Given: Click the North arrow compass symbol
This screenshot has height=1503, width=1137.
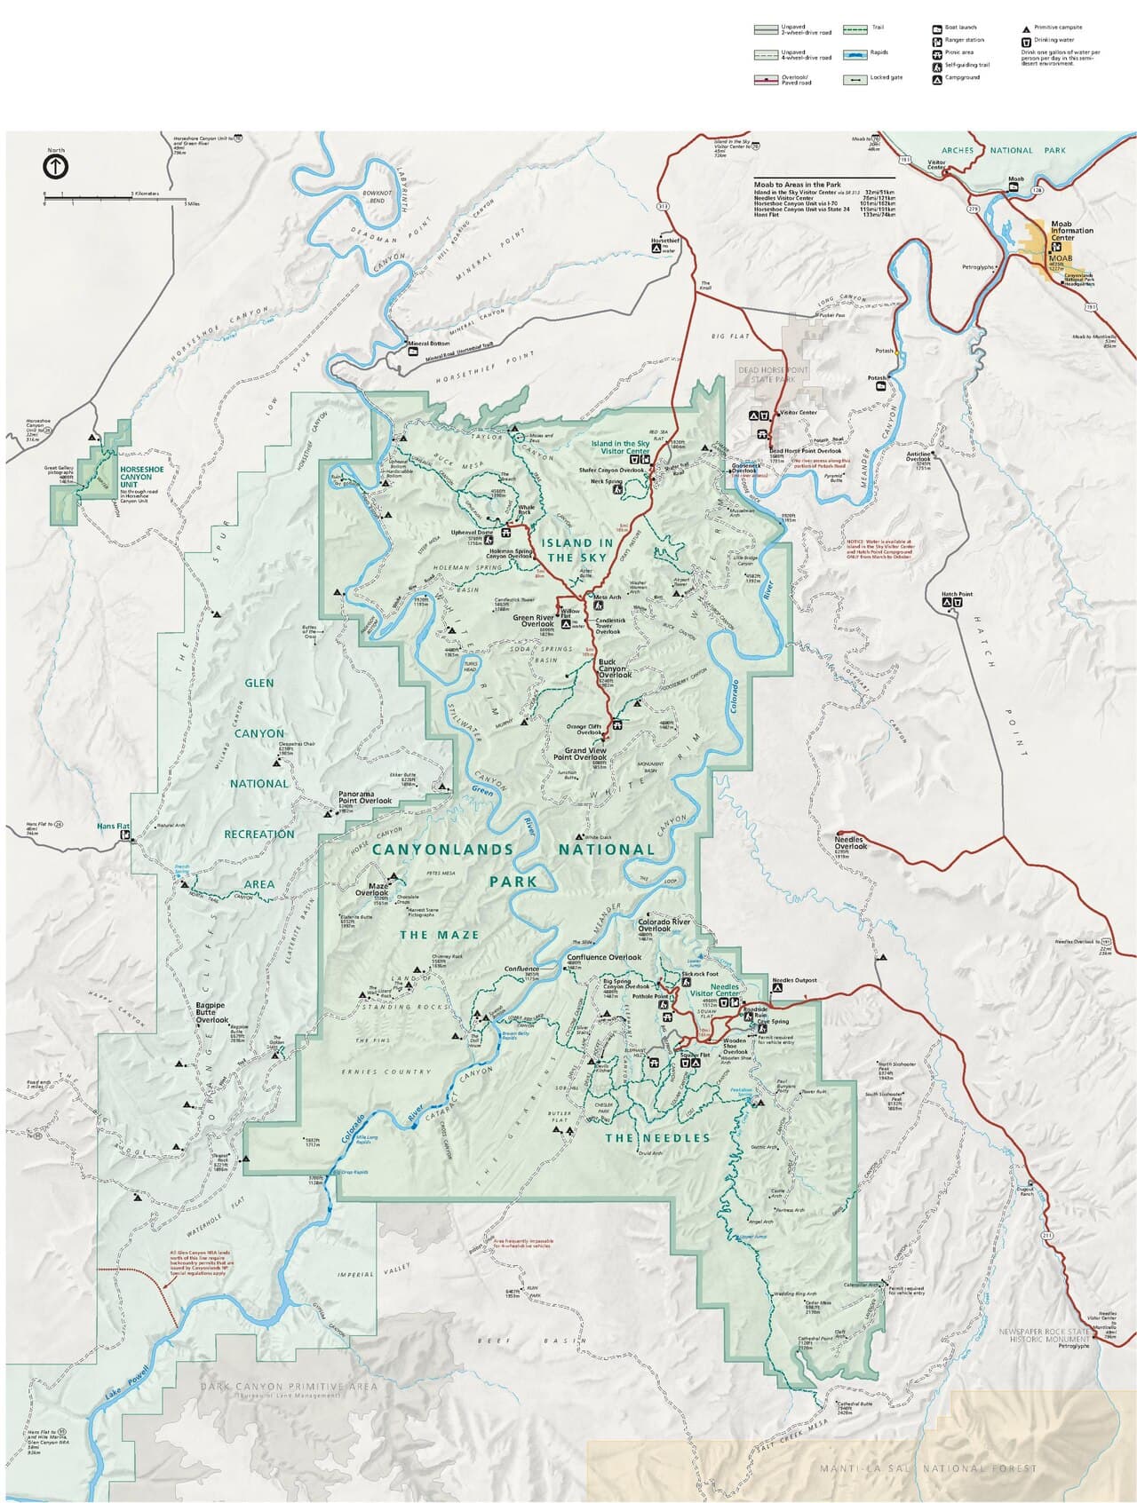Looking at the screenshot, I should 55,166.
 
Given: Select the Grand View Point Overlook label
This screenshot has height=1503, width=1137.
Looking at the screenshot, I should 579,754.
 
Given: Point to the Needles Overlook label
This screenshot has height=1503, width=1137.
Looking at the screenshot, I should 850,842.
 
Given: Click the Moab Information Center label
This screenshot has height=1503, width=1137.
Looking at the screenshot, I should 1071,231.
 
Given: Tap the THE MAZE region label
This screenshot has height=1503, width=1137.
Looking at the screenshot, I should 439,935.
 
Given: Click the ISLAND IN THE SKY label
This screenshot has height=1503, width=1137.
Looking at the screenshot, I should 578,550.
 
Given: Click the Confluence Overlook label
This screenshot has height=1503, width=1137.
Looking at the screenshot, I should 603,957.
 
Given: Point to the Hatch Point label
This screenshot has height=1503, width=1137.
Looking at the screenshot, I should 957,594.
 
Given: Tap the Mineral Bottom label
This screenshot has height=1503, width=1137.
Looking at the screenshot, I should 428,344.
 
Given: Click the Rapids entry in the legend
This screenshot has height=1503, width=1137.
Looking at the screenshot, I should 878,52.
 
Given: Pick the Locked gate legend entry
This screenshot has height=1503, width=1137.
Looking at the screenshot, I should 886,77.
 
